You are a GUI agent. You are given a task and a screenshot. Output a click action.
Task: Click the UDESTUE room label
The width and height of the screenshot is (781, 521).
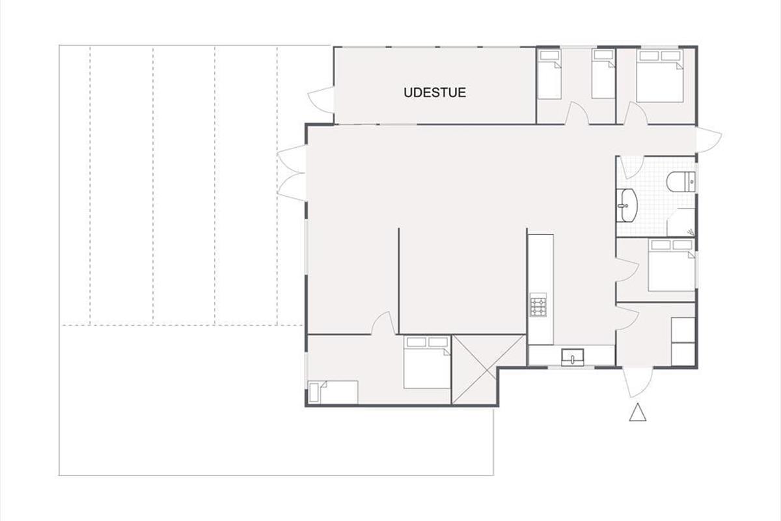[435, 92]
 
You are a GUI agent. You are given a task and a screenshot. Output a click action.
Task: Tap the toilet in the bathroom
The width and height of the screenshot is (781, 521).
[681, 182]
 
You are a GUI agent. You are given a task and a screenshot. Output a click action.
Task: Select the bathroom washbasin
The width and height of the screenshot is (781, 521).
[627, 206]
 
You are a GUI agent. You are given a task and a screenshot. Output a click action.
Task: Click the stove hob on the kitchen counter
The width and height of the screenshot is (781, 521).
[538, 305]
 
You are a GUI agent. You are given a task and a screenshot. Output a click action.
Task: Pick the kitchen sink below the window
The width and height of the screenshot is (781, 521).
[573, 358]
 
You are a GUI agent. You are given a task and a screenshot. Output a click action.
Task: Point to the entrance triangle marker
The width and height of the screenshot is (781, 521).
[638, 412]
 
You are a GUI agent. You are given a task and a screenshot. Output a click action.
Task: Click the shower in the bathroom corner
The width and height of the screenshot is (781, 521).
[681, 222]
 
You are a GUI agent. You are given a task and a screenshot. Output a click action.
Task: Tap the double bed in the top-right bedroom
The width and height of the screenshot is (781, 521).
[660, 76]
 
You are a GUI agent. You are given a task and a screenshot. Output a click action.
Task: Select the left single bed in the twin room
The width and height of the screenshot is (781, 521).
[549, 74]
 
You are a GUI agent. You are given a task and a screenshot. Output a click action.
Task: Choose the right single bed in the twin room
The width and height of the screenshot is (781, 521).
[603, 74]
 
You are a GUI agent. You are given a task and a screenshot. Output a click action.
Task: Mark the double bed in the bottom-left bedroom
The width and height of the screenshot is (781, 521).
[427, 362]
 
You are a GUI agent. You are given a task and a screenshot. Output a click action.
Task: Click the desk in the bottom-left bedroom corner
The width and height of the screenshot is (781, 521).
[333, 393]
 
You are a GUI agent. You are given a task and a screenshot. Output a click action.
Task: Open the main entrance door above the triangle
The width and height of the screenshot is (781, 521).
[638, 382]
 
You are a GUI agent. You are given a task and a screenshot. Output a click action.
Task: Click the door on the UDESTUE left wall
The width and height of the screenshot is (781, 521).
[321, 100]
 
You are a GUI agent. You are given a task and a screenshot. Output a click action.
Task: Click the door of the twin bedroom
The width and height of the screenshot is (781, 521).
[577, 113]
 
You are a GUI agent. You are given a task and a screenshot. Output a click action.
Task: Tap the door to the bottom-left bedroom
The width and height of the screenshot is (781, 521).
[383, 323]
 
